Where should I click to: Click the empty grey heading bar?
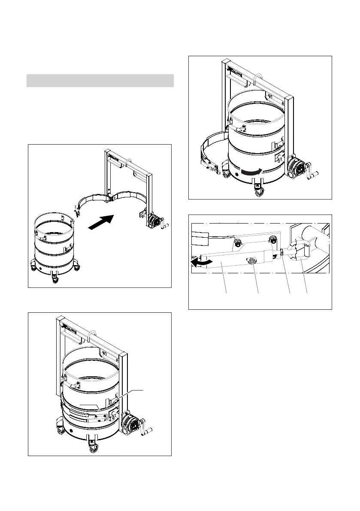[100, 81]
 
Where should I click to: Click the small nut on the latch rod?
[281, 253]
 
